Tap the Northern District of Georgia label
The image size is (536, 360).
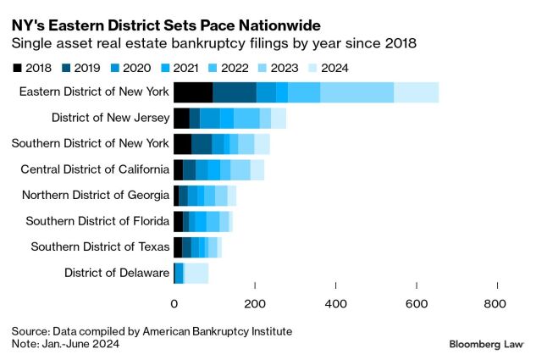click(96, 196)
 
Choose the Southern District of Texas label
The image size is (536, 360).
click(100, 247)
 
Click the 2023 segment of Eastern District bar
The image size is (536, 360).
click(356, 92)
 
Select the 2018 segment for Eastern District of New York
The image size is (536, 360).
click(193, 92)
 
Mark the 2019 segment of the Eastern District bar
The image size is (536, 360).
click(235, 92)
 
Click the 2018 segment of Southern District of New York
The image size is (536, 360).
click(182, 144)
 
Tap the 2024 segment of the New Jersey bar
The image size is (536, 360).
click(279, 119)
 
